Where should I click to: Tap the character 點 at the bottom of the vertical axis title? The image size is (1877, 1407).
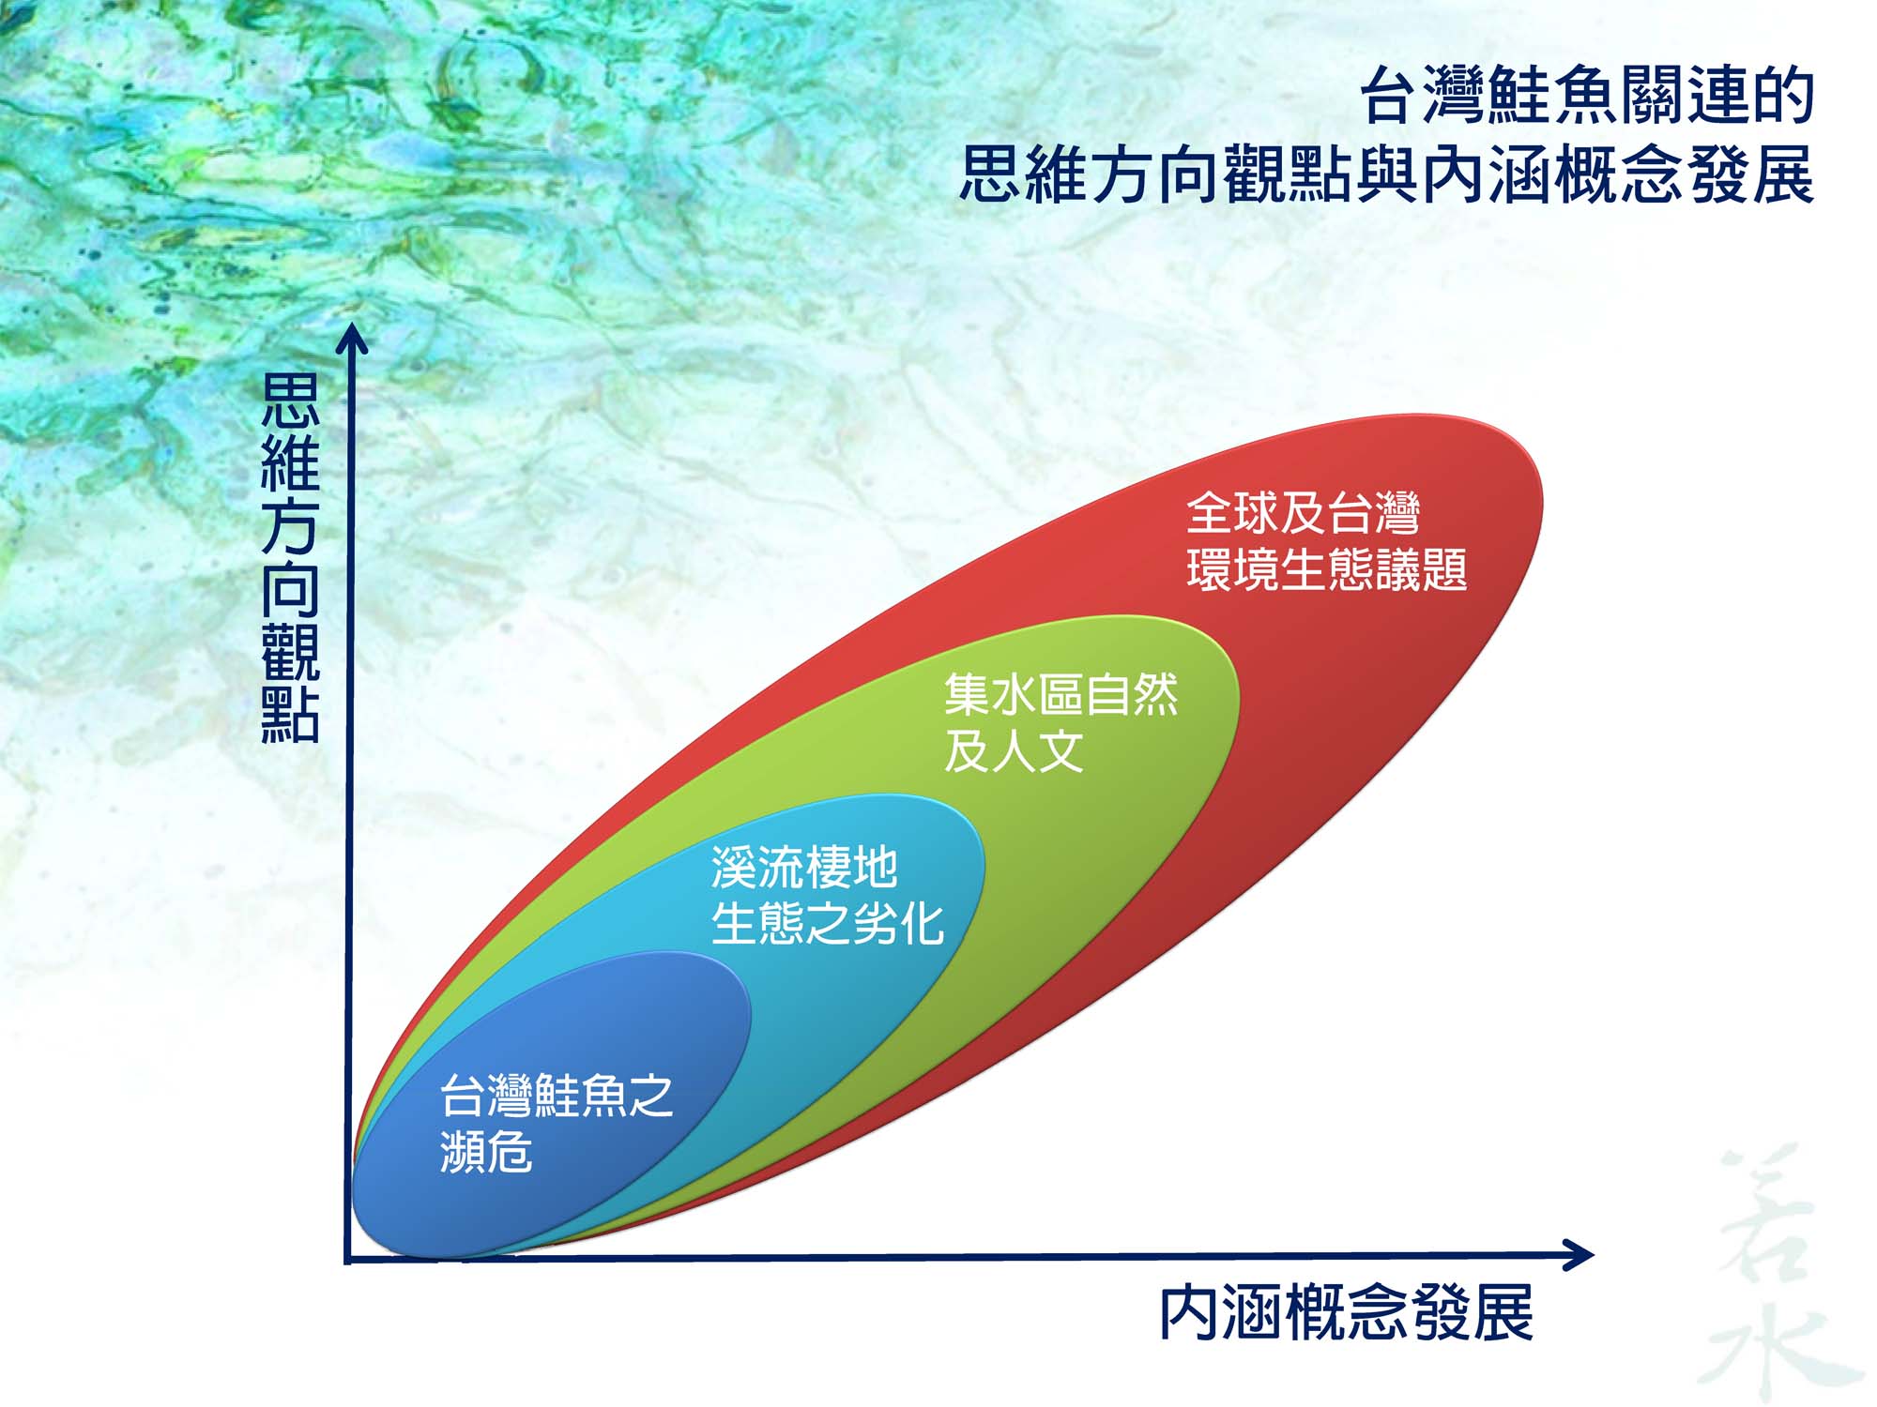(x=290, y=715)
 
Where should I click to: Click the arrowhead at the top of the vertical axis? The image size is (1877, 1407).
(x=352, y=339)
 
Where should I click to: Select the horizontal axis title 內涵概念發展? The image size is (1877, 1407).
(x=1347, y=1313)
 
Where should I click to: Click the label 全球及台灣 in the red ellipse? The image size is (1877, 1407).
(x=1303, y=513)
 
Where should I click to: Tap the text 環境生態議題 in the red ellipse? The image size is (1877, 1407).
(x=1326, y=569)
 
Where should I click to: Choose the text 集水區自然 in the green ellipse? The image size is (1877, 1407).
(x=1061, y=695)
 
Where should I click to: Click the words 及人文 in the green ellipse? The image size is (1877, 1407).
(x=1014, y=751)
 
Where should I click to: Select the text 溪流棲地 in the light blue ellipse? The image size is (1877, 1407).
(x=804, y=867)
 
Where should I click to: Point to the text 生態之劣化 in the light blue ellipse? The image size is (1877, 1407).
(x=827, y=923)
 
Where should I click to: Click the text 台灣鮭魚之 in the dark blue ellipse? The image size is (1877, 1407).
(x=557, y=1096)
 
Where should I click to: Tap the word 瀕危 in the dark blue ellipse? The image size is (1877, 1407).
(x=486, y=1152)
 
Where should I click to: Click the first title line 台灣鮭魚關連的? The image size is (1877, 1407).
(x=1588, y=96)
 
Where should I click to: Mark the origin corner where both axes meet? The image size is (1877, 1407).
(x=349, y=1259)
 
